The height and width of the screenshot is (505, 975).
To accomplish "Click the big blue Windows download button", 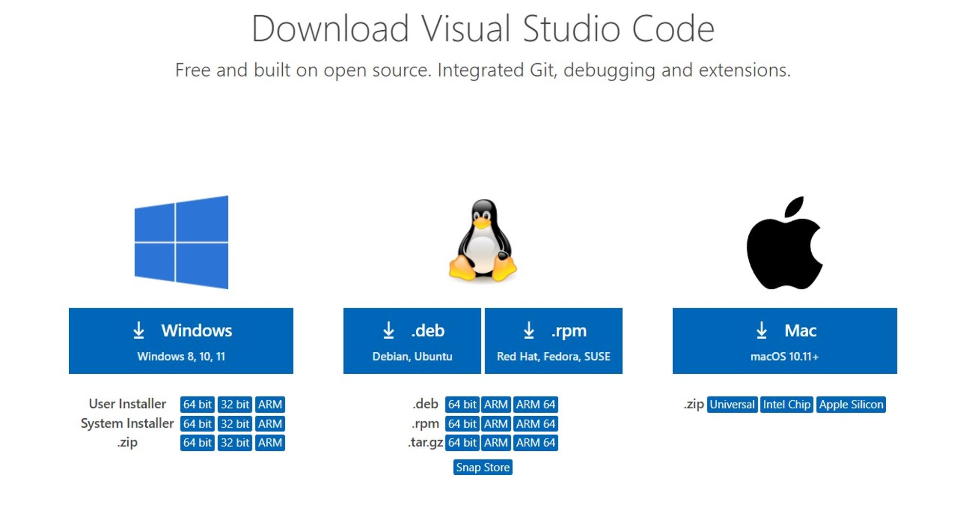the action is coord(181,341).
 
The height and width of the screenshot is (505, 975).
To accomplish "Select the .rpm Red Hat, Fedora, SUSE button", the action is coord(553,341).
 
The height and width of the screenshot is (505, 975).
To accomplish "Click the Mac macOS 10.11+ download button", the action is coord(784,341).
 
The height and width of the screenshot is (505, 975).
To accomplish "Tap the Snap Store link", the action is coord(483,467).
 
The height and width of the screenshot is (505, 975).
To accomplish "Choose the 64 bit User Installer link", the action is coord(197,404).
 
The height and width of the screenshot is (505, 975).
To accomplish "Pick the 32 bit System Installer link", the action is coord(235,424).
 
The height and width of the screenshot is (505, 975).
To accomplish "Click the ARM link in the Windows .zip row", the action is coord(270,443).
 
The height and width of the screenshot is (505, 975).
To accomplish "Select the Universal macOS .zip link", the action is coord(732,404).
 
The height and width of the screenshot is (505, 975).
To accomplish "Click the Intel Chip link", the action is coord(787,404).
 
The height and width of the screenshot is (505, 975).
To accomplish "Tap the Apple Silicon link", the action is coord(851,404).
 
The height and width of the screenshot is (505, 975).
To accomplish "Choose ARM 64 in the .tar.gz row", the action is coord(536,443).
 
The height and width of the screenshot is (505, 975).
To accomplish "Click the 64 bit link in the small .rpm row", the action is coord(462,424).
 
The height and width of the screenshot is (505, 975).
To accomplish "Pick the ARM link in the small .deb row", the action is coord(496,404).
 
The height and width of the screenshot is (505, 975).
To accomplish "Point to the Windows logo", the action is coord(181,242).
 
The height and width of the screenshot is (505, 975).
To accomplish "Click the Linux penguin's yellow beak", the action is coord(482,223).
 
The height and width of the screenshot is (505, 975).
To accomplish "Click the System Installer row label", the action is coord(127,424).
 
